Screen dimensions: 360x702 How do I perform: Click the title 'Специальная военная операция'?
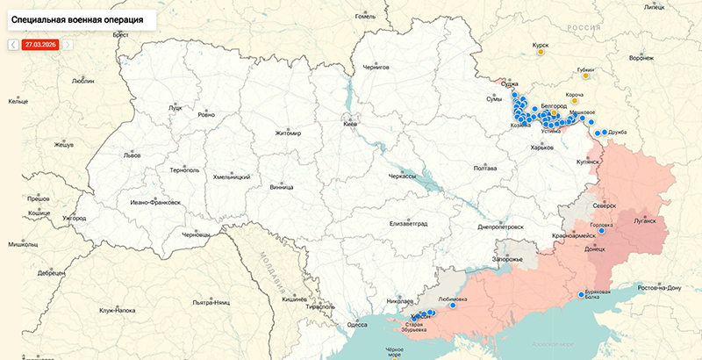coord(79,18)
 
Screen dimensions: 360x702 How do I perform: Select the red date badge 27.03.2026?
coord(39,44)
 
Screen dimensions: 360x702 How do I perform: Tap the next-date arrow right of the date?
coord(68,44)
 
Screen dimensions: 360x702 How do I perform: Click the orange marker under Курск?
coord(541,52)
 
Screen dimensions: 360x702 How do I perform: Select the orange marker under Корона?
coord(574,101)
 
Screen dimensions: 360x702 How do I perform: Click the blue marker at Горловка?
coord(602,231)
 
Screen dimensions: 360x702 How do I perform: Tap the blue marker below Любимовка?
coord(453,306)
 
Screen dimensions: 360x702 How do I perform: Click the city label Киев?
coord(350,125)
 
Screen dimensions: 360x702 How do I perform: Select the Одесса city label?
coord(356,324)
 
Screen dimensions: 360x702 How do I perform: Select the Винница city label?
coord(282,187)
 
